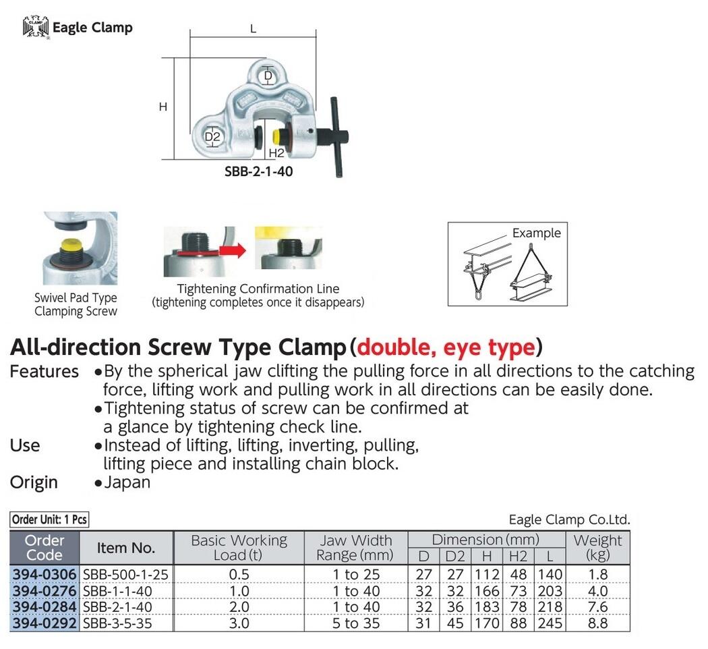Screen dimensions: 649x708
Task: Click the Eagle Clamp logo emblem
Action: (36, 28)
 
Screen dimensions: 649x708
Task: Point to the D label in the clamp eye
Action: (268, 76)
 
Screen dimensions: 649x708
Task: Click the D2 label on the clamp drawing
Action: (213, 138)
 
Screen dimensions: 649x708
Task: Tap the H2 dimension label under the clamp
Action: (276, 153)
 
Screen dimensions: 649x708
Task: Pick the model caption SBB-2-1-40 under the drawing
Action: (258, 172)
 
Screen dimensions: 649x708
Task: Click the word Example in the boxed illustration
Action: (536, 233)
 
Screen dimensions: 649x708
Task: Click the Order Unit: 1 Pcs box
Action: (49, 519)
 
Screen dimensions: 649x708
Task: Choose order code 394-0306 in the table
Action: (46, 575)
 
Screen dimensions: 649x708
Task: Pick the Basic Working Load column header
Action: (239, 548)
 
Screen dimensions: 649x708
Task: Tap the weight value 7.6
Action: (597, 607)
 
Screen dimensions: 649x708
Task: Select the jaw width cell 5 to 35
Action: (355, 623)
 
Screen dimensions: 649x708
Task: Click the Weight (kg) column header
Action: (597, 548)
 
